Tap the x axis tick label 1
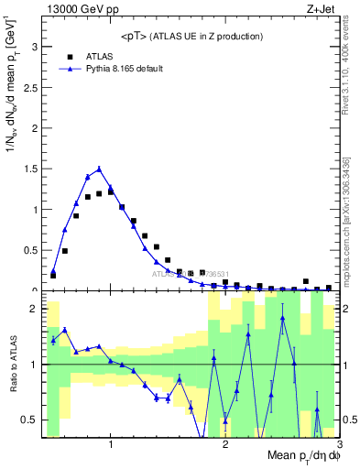[x=111, y=444]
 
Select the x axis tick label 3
[x=338, y=444]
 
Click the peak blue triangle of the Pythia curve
[x=99, y=169]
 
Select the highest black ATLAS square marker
[x=111, y=191]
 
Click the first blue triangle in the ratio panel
[x=53, y=340]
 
